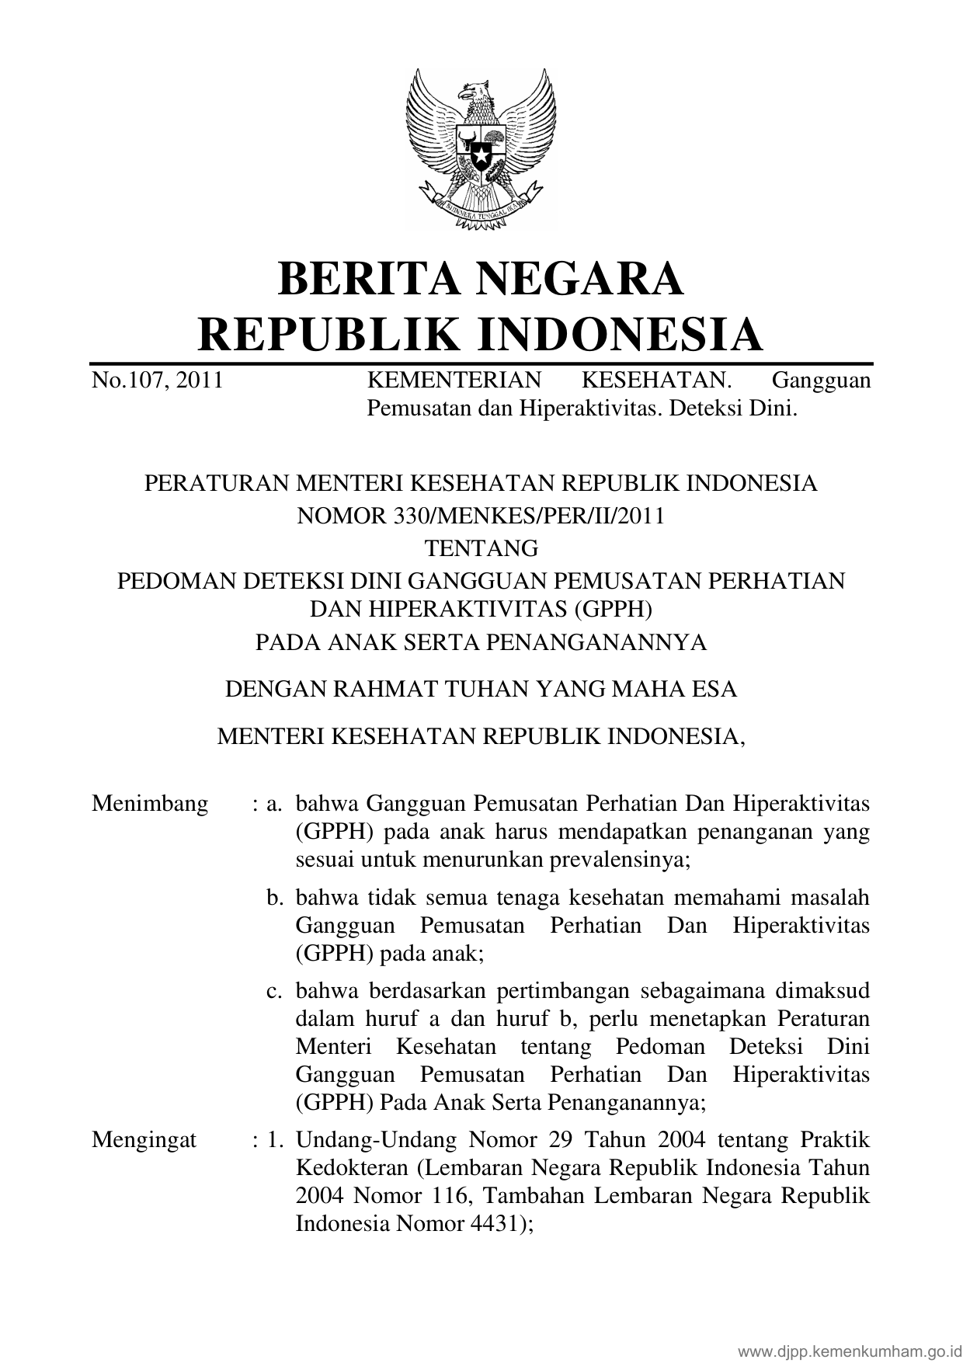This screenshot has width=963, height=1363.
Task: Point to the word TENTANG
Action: point(481,548)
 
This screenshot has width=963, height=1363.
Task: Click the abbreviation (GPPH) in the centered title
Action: point(612,609)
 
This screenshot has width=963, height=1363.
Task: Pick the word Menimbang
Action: point(150,803)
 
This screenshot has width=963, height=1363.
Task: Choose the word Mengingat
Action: point(144,1140)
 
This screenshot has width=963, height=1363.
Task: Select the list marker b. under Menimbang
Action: point(274,898)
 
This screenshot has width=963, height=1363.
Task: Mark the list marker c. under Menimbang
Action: point(274,991)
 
